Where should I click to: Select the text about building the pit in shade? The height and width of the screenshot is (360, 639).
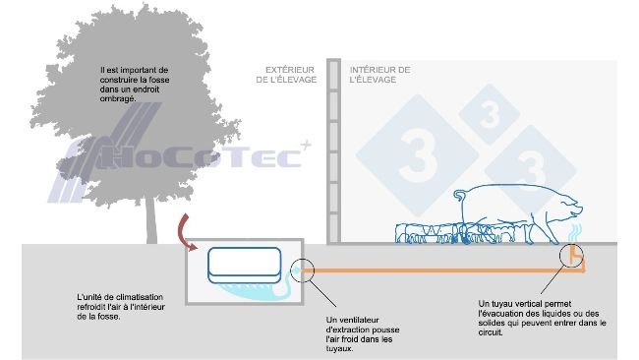pyautogui.click(x=136, y=86)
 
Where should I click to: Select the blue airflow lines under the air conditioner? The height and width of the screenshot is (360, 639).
pyautogui.click(x=246, y=286)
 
